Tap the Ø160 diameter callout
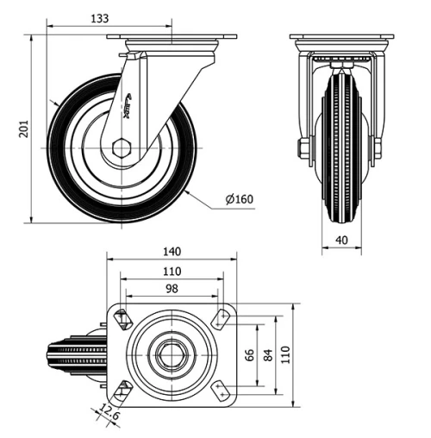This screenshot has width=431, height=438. click(x=239, y=200)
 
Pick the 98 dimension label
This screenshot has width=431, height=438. click(x=171, y=289)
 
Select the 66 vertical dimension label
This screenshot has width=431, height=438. click(x=249, y=354)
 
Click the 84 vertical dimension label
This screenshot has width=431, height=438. click(x=269, y=354)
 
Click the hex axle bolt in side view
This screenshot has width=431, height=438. click(x=122, y=147)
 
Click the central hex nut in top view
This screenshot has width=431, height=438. click(x=172, y=354)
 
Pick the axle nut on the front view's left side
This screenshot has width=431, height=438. click(x=304, y=149)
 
